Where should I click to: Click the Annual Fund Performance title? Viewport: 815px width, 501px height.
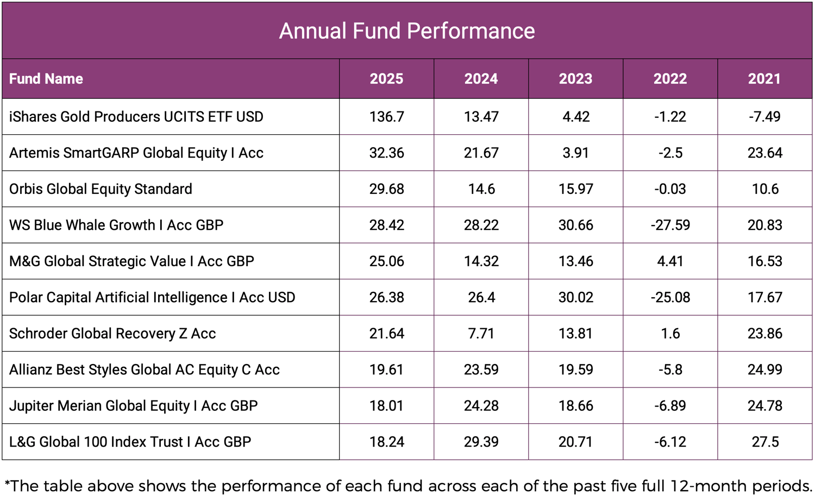pos(407,31)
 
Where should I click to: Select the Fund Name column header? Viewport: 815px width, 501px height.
pos(46,79)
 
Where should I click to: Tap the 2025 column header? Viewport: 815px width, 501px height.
pos(386,79)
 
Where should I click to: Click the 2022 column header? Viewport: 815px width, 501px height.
pos(670,79)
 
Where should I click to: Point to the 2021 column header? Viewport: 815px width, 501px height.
pos(764,79)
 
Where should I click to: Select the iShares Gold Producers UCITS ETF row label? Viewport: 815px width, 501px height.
pos(136,117)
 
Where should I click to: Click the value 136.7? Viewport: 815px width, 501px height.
pos(386,117)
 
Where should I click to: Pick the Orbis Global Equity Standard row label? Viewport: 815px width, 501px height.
pos(101,189)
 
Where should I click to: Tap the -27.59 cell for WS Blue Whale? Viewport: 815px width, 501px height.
pos(670,225)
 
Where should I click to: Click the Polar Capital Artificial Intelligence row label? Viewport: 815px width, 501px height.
pos(152,297)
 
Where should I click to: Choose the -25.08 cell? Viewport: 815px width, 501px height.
pos(670,297)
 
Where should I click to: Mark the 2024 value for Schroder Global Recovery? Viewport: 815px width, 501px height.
pos(481,333)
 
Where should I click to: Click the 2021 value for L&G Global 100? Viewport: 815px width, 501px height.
pos(764,442)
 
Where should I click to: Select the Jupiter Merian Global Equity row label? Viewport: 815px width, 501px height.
pos(133,406)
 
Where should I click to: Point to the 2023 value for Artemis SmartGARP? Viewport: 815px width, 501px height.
pos(575,153)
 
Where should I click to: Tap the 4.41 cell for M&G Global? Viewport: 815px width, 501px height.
pos(670,261)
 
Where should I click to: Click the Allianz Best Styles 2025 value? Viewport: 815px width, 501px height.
pos(386,370)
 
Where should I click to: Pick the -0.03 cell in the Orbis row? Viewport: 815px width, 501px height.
pos(670,189)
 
